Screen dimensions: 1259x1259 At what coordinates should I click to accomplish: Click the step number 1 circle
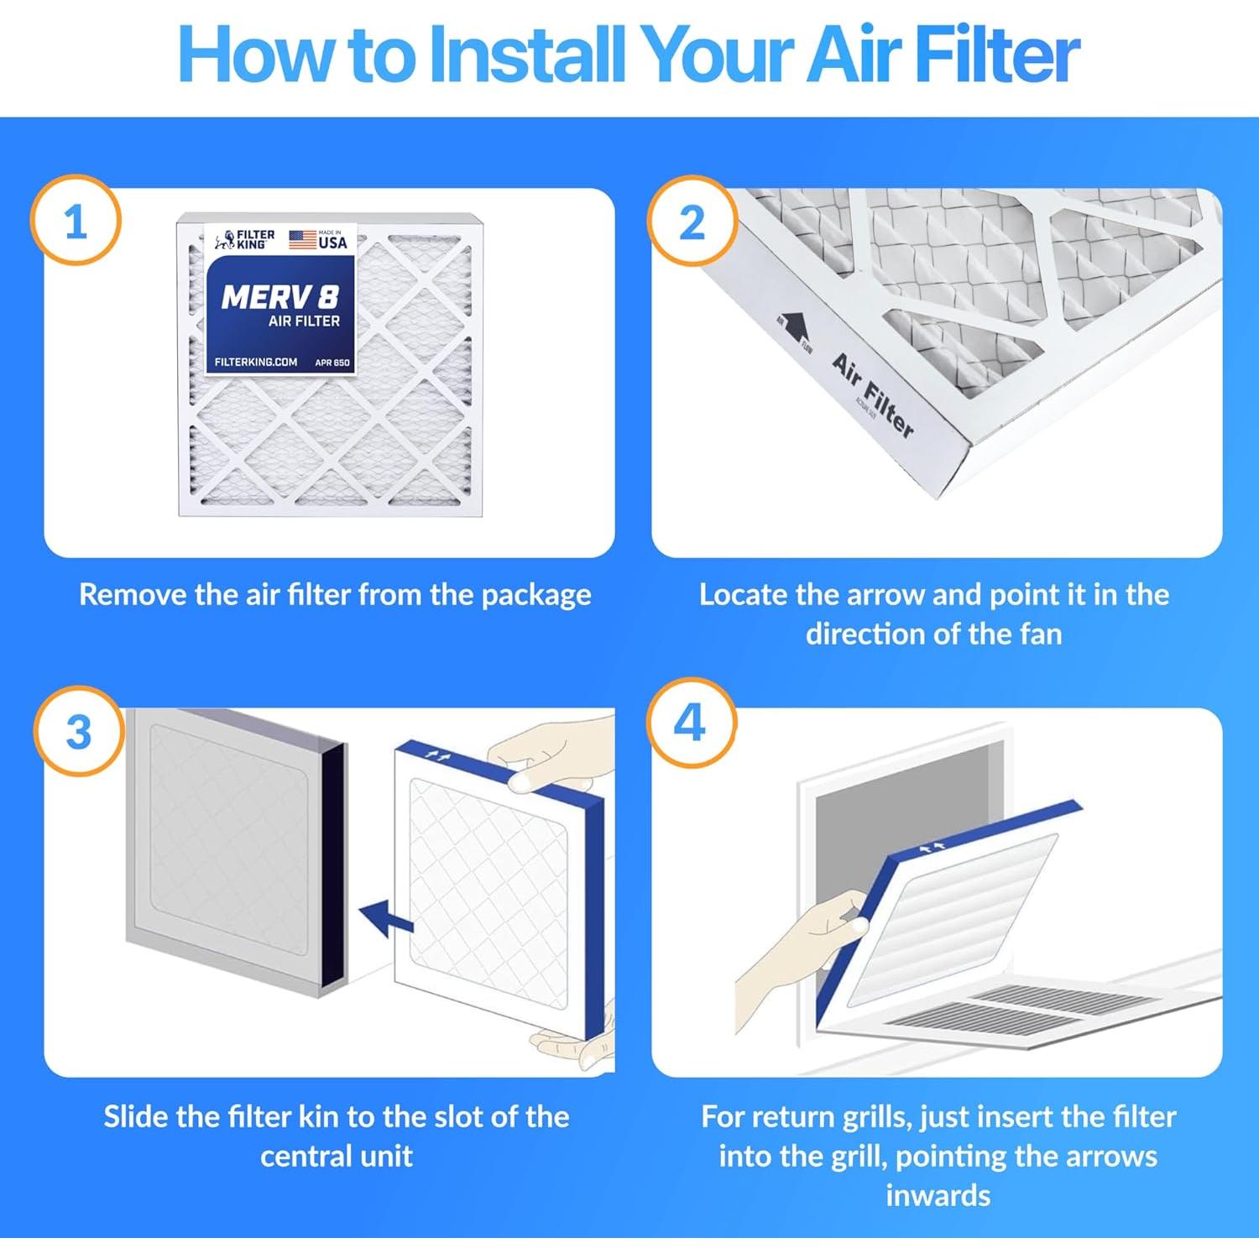[76, 221]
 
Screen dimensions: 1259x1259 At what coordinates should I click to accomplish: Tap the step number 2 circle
[692, 222]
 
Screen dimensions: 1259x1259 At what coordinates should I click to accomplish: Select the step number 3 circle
[78, 731]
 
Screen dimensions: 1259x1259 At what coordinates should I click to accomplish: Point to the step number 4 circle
[691, 723]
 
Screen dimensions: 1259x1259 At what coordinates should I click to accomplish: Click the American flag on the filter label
[302, 239]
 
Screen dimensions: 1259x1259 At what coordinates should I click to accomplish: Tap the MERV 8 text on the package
[279, 297]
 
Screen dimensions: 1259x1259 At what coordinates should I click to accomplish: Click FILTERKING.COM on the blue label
[255, 362]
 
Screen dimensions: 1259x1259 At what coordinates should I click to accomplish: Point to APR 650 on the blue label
[332, 363]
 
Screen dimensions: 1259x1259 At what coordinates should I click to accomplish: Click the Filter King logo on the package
[244, 240]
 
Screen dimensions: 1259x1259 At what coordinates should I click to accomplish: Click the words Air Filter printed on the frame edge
[873, 395]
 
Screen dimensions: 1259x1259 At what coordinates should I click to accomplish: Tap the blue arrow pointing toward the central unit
[385, 917]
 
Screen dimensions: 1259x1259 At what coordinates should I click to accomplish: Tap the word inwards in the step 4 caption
[938, 1195]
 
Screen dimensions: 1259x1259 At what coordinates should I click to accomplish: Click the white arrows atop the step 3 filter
[437, 756]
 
